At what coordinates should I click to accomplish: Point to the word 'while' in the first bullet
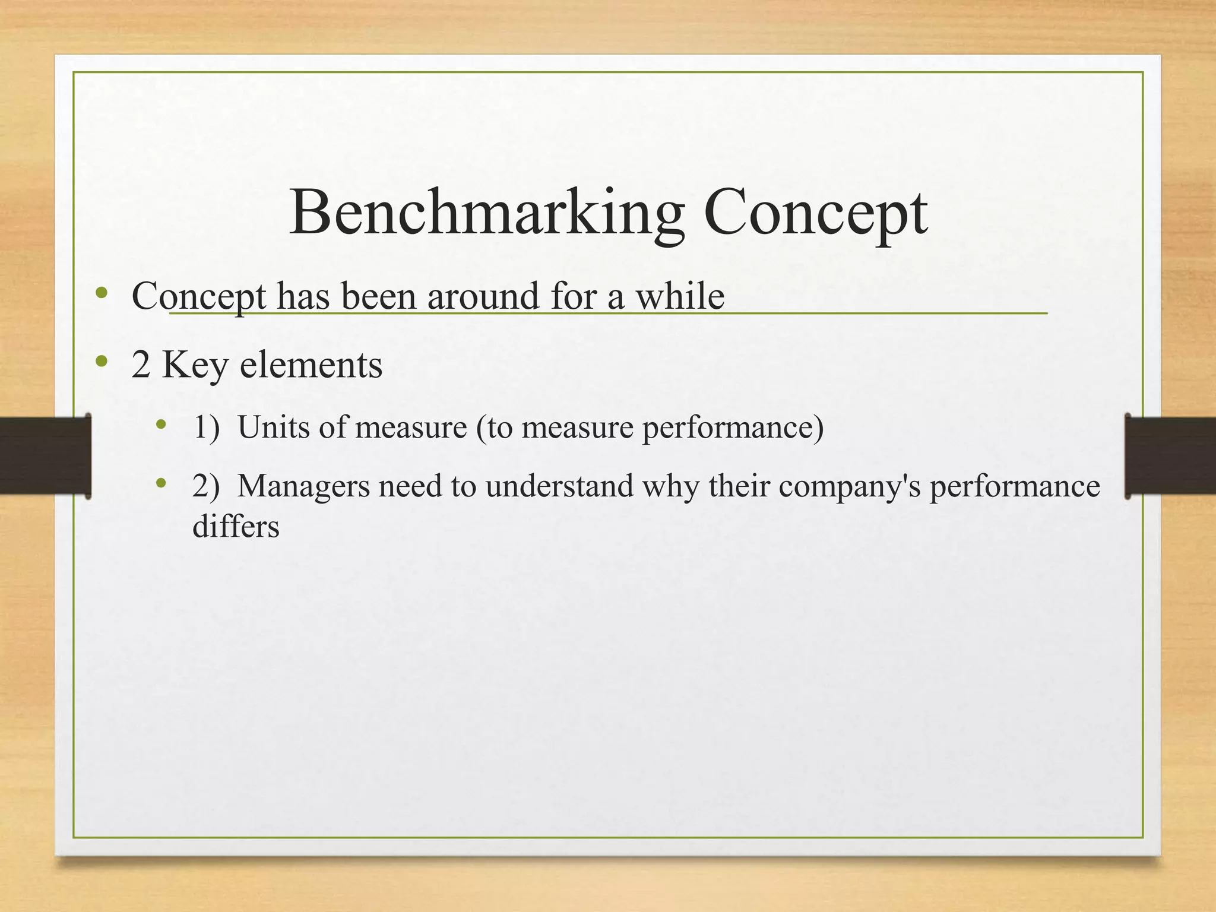pyautogui.click(x=680, y=296)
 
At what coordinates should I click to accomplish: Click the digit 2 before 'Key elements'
pyautogui.click(x=141, y=365)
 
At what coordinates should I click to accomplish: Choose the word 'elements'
pyautogui.click(x=311, y=365)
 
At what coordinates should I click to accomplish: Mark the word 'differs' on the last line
pyautogui.click(x=236, y=527)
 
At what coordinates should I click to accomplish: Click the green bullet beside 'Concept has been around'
pyautogui.click(x=102, y=292)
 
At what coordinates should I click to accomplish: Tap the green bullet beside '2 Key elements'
pyautogui.click(x=102, y=360)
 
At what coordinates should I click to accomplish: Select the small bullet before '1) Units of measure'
pyautogui.click(x=160, y=424)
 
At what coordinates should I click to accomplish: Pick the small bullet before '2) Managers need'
pyautogui.click(x=160, y=483)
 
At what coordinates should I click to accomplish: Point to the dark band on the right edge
pyautogui.click(x=1170, y=456)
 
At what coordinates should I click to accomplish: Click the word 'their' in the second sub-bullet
pyautogui.click(x=739, y=486)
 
